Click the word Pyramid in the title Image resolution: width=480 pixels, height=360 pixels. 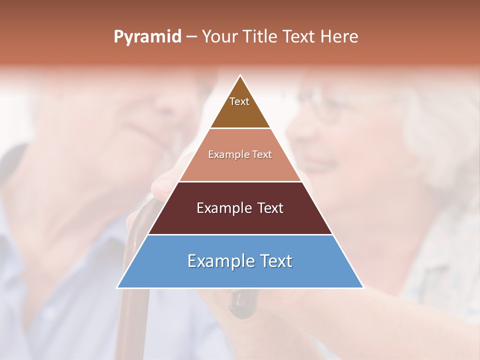click(147, 37)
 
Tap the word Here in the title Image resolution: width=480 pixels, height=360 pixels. click(339, 37)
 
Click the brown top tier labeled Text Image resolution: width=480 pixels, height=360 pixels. click(240, 107)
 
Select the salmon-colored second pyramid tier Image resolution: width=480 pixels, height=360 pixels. click(240, 165)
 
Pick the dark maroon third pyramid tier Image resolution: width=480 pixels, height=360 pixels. click(240, 220)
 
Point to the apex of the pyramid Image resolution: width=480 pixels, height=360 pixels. click(240, 76)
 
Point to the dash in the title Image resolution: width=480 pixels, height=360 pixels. click(191, 37)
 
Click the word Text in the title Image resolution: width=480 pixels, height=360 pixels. click(299, 37)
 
